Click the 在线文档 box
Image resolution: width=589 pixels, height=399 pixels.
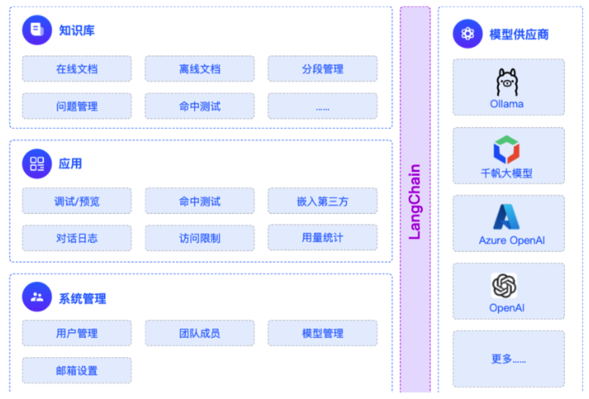pyautogui.click(x=77, y=69)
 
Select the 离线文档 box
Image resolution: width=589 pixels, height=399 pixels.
pyautogui.click(x=200, y=69)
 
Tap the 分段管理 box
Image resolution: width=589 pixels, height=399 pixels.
pyautogui.click(x=322, y=69)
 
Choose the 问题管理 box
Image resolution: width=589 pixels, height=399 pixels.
pyautogui.click(x=77, y=106)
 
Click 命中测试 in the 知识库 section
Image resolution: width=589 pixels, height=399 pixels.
pyautogui.click(x=200, y=106)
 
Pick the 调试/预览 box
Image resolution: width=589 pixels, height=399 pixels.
pyautogui.click(x=77, y=201)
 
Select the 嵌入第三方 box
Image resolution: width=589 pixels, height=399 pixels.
pyautogui.click(x=322, y=201)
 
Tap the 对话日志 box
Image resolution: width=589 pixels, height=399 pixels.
pyautogui.click(x=77, y=238)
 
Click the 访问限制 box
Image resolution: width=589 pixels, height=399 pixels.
pyautogui.click(x=200, y=238)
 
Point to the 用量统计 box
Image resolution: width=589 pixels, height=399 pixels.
pyautogui.click(x=322, y=238)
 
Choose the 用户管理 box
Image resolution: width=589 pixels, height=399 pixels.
pyautogui.click(x=77, y=333)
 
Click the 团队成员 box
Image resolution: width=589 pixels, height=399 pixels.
pyautogui.click(x=200, y=333)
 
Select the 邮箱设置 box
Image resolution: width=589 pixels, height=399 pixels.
pyautogui.click(x=77, y=371)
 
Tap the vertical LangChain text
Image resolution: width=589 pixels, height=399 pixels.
pyautogui.click(x=415, y=202)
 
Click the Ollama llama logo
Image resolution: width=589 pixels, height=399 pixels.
pyautogui.click(x=507, y=82)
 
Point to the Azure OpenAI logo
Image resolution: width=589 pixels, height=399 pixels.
pyautogui.click(x=507, y=217)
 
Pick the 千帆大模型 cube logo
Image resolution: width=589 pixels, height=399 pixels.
pyautogui.click(x=507, y=149)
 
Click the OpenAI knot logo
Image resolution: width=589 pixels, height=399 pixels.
pyautogui.click(x=504, y=286)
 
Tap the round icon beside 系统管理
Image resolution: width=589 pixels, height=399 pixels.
pyautogui.click(x=37, y=297)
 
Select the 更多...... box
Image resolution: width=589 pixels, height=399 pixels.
pyautogui.click(x=508, y=359)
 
